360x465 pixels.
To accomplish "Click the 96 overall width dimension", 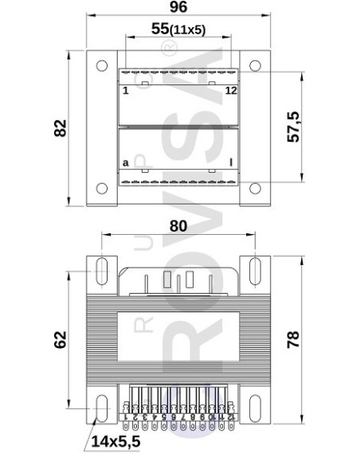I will pyautogui.click(x=178, y=8).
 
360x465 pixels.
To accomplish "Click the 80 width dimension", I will pyautogui.click(x=178, y=225).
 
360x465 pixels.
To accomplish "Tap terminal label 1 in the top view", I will pyautogui.click(x=125, y=91).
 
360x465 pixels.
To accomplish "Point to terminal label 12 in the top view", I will pyautogui.click(x=230, y=91).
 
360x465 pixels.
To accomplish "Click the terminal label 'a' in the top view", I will pyautogui.click(x=125, y=163).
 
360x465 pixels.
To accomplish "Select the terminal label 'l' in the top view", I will pyautogui.click(x=231, y=163).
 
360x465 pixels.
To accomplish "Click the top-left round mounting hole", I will pyautogui.click(x=101, y=66).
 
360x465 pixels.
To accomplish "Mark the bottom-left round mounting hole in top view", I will pyautogui.click(x=101, y=189).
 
